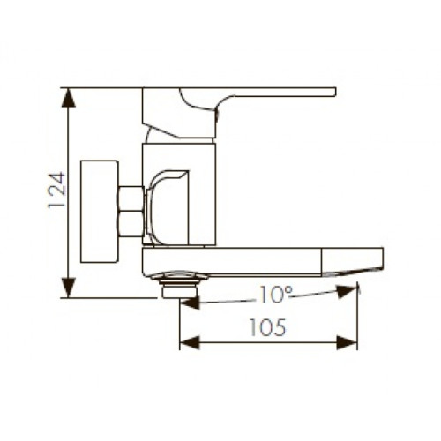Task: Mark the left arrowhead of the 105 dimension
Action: point(186,341)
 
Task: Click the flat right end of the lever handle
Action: point(332,91)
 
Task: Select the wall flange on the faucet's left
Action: point(99,211)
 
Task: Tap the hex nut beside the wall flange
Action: point(131,212)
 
